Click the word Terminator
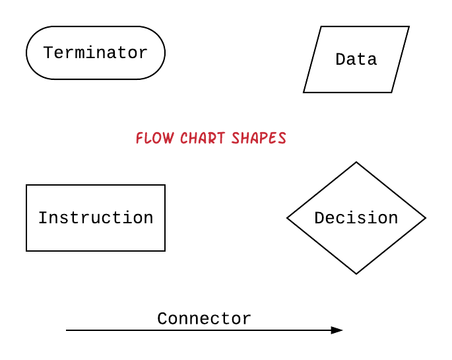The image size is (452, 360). point(96,53)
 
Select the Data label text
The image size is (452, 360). point(356,59)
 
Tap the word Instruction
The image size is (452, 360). point(96,218)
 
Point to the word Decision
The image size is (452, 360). point(356,218)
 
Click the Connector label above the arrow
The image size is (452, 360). point(204,319)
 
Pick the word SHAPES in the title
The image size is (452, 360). point(259,138)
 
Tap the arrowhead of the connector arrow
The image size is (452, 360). point(337,330)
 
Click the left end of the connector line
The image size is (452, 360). point(67,330)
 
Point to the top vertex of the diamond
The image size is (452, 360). point(356,162)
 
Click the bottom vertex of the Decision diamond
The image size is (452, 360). point(356,273)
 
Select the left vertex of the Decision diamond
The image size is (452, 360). point(288,218)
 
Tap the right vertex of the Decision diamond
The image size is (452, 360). point(425,218)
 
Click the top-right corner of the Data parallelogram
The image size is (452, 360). point(408,27)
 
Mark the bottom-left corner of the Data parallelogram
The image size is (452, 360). point(304,92)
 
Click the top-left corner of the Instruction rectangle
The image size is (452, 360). point(26,185)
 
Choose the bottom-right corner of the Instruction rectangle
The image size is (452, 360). point(165,251)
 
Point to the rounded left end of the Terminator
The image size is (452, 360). point(27,53)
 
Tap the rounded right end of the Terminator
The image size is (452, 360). point(164,53)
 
